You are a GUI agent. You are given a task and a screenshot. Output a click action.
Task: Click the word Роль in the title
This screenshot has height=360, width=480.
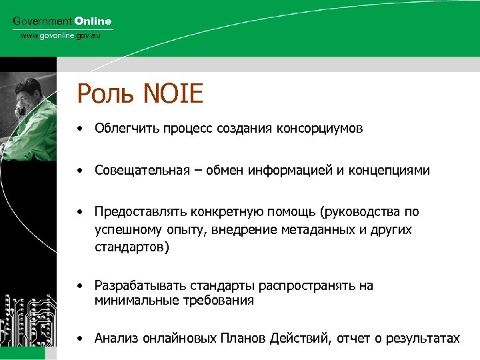pyautogui.click(x=104, y=93)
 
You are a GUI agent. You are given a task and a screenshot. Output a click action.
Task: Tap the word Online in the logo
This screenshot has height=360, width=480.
pyautogui.click(x=93, y=21)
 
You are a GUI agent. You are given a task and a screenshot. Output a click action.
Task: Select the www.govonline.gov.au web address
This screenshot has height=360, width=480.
pyautogui.click(x=61, y=35)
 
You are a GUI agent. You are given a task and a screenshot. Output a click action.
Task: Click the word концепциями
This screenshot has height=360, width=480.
pyautogui.click(x=394, y=171)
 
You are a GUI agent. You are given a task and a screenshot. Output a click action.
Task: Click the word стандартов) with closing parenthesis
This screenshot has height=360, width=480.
pyautogui.click(x=132, y=247)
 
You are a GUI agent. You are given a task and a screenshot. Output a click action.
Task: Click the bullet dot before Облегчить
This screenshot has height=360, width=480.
pyautogui.click(x=79, y=129)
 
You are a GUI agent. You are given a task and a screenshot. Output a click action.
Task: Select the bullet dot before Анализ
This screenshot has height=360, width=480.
pyautogui.click(x=79, y=339)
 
